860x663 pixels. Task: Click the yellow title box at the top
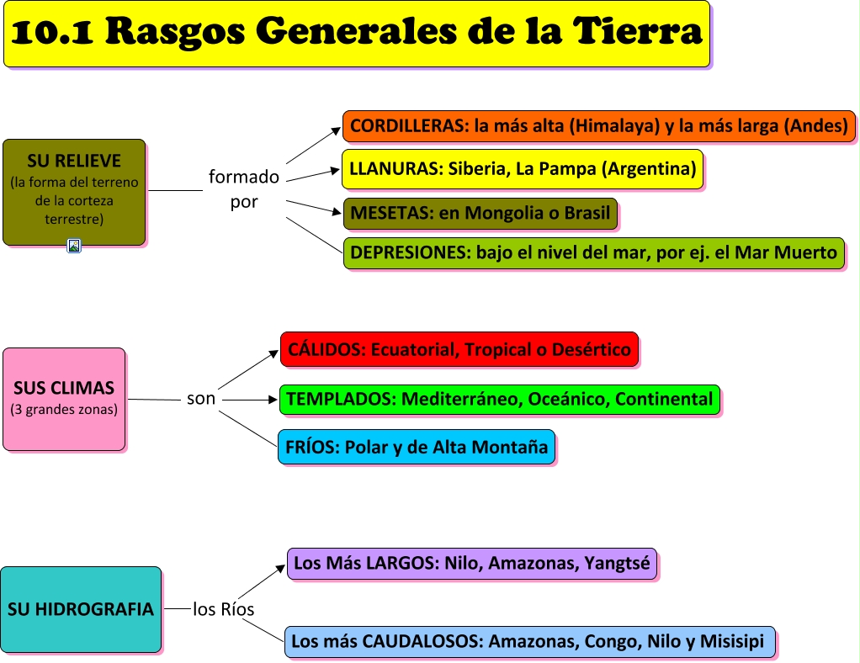[x=357, y=34]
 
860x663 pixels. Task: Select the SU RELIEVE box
[x=74, y=192]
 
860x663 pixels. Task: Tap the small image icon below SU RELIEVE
[x=74, y=246]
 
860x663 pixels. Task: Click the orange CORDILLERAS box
[x=598, y=126]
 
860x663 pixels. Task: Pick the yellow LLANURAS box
[x=522, y=169]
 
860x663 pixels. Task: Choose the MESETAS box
[x=480, y=213]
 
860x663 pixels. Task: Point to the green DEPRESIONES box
[x=593, y=252]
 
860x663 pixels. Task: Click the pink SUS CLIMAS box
[x=64, y=399]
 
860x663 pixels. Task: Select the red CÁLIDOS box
[x=459, y=349]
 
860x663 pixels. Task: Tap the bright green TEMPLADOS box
[x=499, y=399]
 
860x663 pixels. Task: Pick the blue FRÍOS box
[x=416, y=448]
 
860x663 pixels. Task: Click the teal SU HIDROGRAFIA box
[x=81, y=609]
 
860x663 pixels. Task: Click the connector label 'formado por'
[x=244, y=189]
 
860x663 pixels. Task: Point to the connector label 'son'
[x=201, y=399]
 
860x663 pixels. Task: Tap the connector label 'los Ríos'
[x=223, y=609]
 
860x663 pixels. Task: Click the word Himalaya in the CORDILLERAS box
[x=613, y=126]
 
